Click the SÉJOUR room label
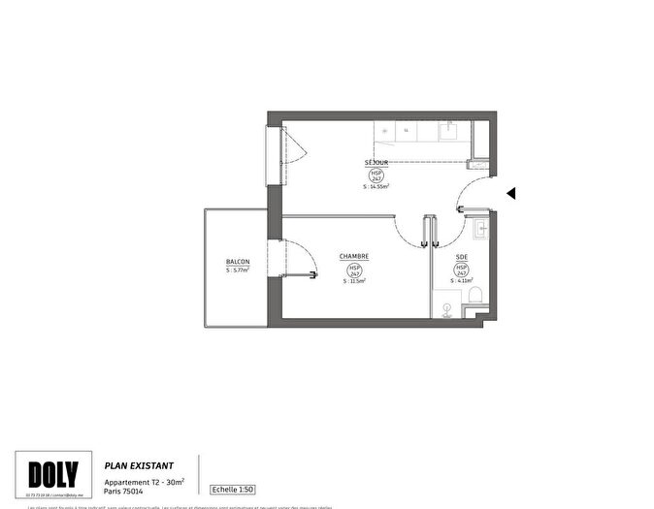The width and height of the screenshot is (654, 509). [x=377, y=162]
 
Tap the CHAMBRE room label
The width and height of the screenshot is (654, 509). [x=353, y=257]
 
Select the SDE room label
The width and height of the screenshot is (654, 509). [x=461, y=257]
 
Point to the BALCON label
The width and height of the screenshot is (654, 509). [x=238, y=262]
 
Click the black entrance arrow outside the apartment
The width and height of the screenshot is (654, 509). [x=510, y=194]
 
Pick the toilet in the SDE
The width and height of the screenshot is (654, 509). [x=475, y=297]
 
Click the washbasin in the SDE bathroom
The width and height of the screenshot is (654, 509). [x=482, y=230]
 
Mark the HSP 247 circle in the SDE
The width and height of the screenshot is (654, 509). [x=461, y=270]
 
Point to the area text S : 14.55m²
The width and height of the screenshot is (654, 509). [x=376, y=186]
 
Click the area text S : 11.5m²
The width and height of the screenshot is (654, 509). [x=353, y=281]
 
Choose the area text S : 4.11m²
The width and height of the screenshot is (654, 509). [x=461, y=281]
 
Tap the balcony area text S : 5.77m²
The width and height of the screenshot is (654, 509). [x=238, y=270]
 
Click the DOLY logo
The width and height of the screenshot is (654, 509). [x=53, y=475]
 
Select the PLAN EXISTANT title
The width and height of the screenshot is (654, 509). [x=139, y=465]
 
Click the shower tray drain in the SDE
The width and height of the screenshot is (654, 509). [x=445, y=310]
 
